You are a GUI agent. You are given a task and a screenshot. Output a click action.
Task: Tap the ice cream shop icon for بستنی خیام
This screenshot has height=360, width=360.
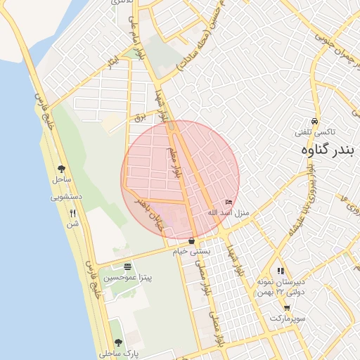point(191,241)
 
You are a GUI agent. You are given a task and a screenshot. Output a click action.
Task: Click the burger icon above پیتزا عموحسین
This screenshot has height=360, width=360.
point(127,266)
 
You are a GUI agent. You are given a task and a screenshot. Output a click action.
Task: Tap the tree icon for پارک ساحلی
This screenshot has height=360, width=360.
point(117,342)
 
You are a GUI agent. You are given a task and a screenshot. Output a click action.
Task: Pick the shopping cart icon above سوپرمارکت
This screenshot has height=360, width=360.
point(287,308)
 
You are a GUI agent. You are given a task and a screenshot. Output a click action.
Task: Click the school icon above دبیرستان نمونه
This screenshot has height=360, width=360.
point(281,270)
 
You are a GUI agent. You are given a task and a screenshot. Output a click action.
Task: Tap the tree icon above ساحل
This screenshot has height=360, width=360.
point(61,168)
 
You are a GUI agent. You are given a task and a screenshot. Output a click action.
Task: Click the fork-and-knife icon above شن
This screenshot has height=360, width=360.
point(72,213)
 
